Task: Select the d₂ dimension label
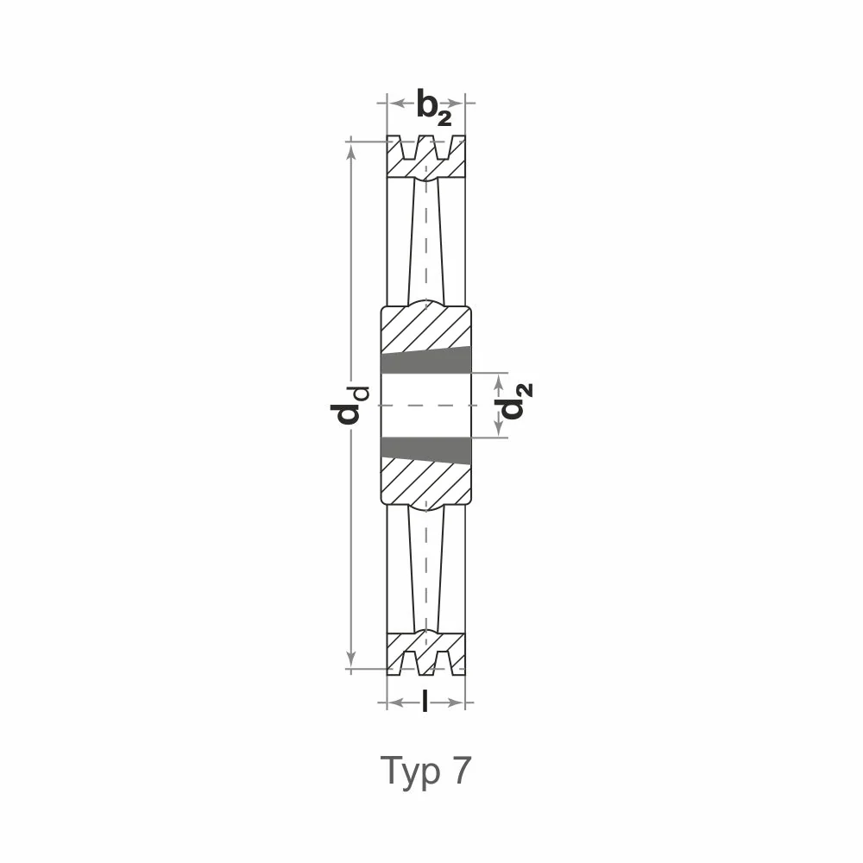[x=513, y=400]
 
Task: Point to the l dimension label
[x=425, y=702]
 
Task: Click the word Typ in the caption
[x=411, y=772]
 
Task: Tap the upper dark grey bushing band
[x=426, y=361]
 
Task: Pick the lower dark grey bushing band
[x=426, y=450]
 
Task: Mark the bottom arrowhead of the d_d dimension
[x=351, y=658]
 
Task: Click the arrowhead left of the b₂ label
[x=397, y=103]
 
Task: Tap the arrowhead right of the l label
[x=455, y=702]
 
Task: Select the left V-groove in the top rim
[x=408, y=148]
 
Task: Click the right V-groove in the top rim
[x=443, y=148]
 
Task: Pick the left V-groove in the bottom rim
[x=409, y=663]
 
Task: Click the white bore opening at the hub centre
[x=426, y=405]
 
